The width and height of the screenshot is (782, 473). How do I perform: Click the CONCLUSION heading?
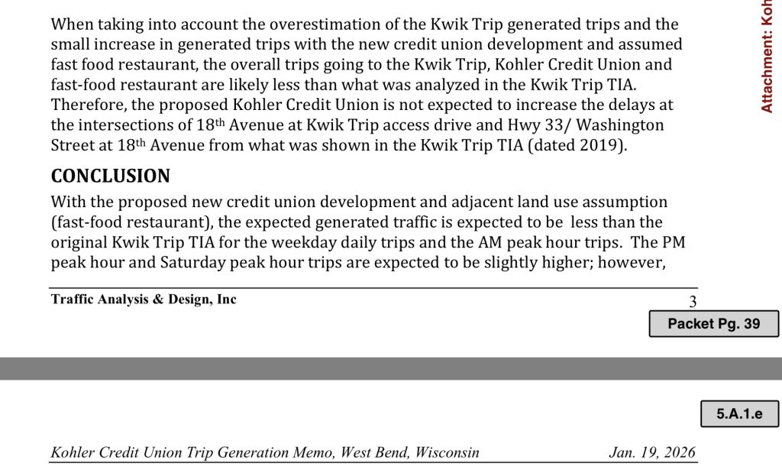tap(110, 177)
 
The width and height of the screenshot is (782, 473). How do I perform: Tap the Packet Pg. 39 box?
tap(714, 323)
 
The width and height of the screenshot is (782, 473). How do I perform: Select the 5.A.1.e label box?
tap(739, 414)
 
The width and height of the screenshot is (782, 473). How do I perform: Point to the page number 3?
tap(693, 302)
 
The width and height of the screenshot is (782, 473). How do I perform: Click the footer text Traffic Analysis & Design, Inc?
tap(144, 300)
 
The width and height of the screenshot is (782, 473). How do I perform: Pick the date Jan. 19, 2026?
tap(652, 452)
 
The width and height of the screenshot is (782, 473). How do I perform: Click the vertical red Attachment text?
tap(767, 57)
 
